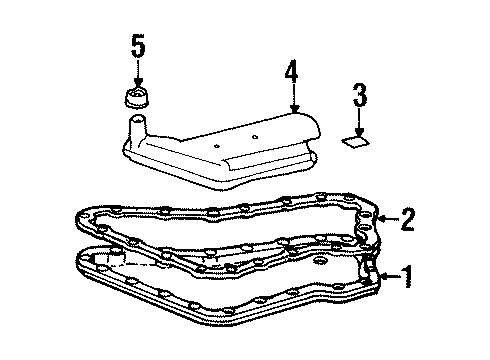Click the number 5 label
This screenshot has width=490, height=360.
[x=138, y=45]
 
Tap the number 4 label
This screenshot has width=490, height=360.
[x=290, y=72]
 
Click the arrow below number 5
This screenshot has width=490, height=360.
[x=138, y=74]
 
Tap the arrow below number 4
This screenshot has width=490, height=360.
[x=293, y=97]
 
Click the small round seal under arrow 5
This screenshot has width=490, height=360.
[x=136, y=97]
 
